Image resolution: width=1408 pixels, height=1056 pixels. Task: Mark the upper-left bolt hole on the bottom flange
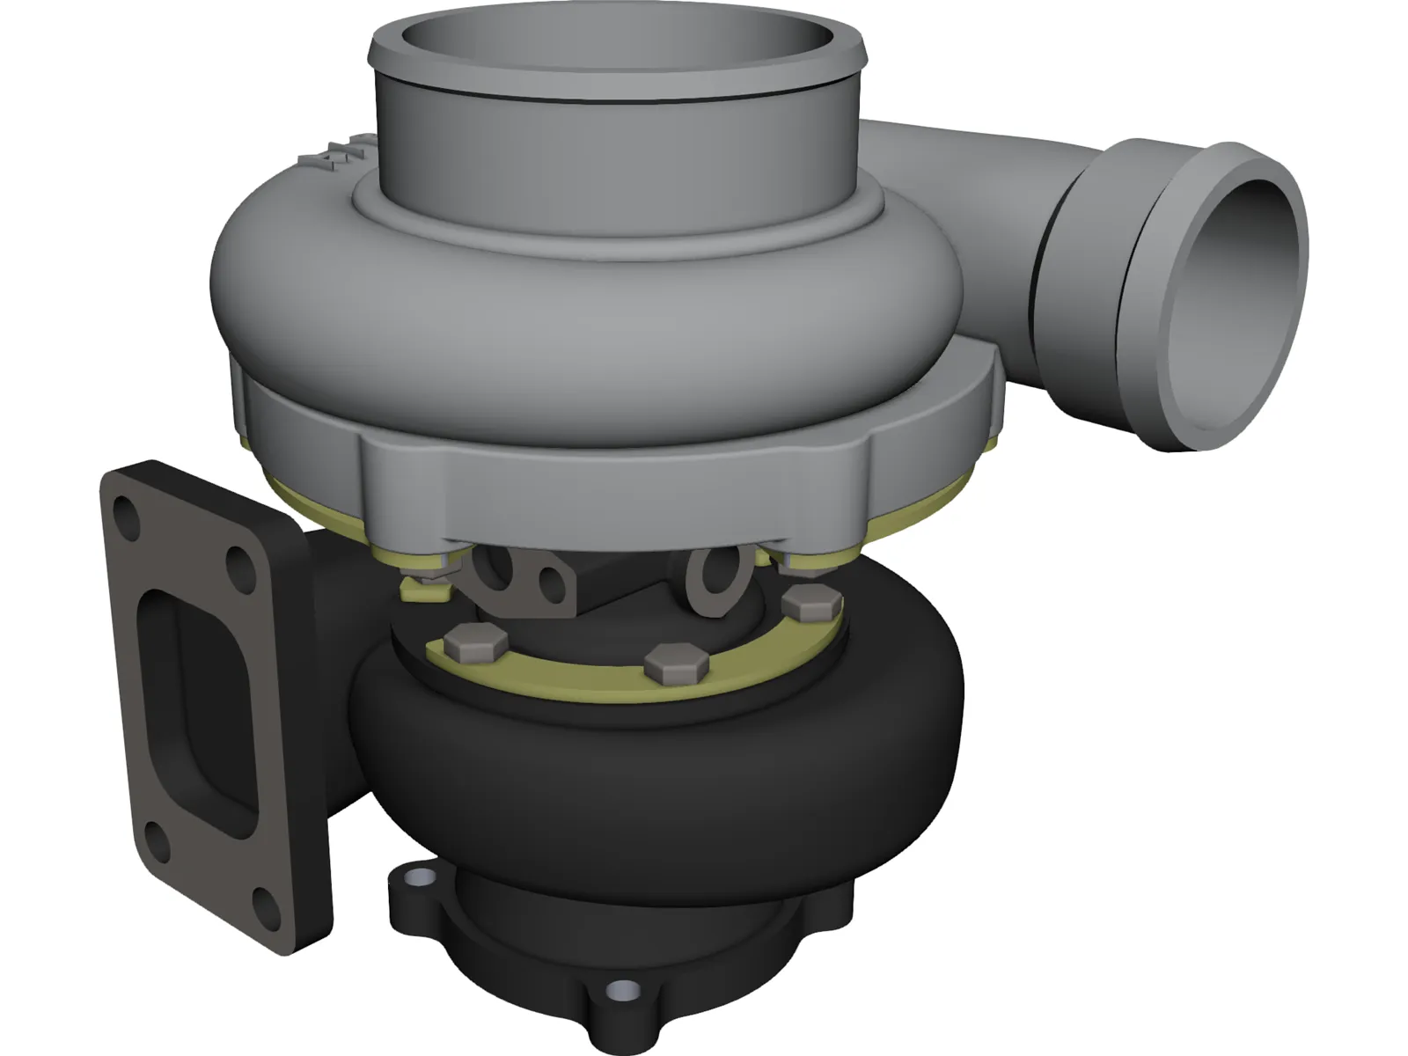click(x=421, y=878)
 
